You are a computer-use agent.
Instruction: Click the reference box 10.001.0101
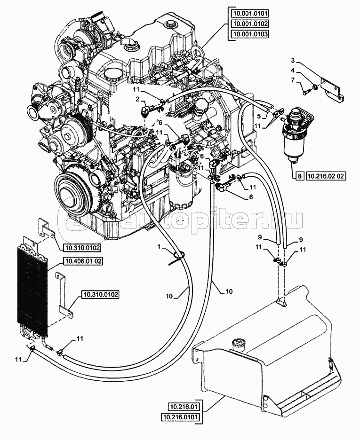(x=250, y=13)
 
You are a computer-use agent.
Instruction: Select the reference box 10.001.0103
(x=250, y=34)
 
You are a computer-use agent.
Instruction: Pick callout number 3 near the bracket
(x=292, y=61)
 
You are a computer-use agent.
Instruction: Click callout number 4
(x=292, y=71)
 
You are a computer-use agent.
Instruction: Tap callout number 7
(x=292, y=81)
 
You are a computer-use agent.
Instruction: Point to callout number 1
(x=160, y=246)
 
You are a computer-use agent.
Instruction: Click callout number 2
(x=137, y=99)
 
